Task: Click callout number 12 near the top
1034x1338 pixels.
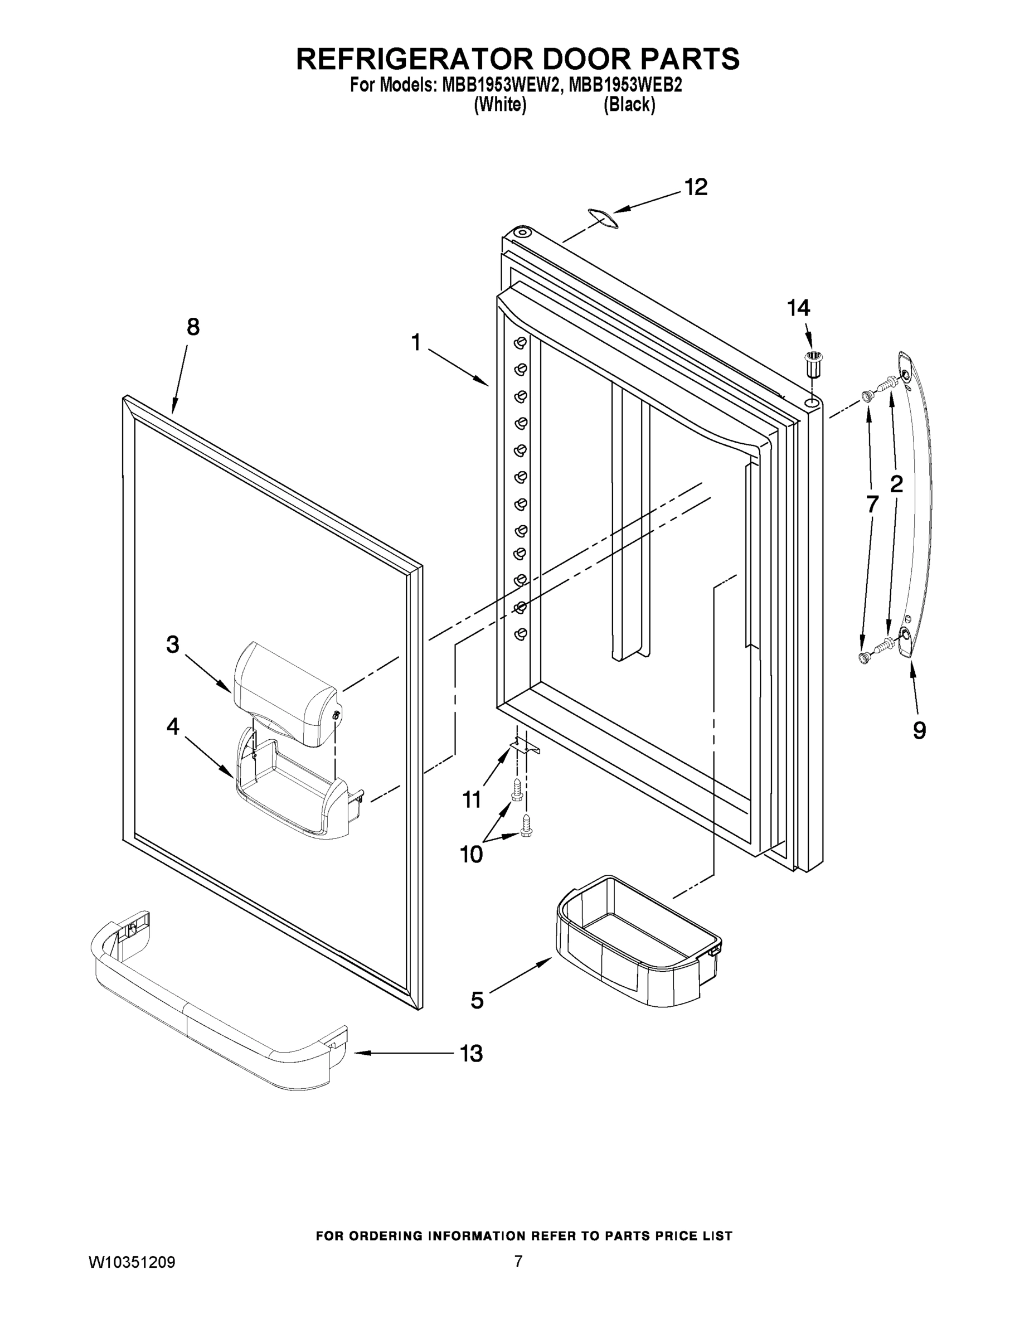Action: click(x=696, y=187)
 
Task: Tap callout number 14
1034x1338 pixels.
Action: click(x=798, y=308)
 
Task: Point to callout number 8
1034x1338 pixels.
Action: click(x=193, y=327)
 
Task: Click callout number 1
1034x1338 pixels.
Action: click(x=416, y=342)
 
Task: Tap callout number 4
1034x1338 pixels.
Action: click(x=173, y=726)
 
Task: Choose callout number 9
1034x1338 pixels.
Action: click(x=919, y=730)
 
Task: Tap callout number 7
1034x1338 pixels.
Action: click(x=872, y=504)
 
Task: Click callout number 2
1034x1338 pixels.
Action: click(x=896, y=484)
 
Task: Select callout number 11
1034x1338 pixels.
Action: click(x=472, y=799)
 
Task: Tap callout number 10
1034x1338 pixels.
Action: click(x=471, y=854)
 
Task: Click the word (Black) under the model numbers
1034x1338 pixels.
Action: click(x=629, y=105)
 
